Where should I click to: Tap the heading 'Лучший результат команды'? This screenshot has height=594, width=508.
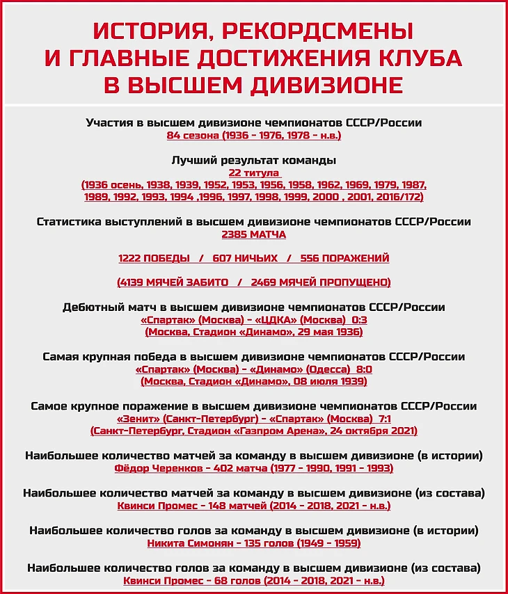tap(254, 160)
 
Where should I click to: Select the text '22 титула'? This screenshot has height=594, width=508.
tap(254, 172)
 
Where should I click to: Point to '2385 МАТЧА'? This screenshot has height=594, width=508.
tap(254, 234)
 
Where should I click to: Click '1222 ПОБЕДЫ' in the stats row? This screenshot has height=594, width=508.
tap(154, 258)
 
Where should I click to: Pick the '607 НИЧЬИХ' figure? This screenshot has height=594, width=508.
tap(245, 258)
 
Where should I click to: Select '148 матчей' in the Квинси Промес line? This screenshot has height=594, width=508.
tap(237, 506)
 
